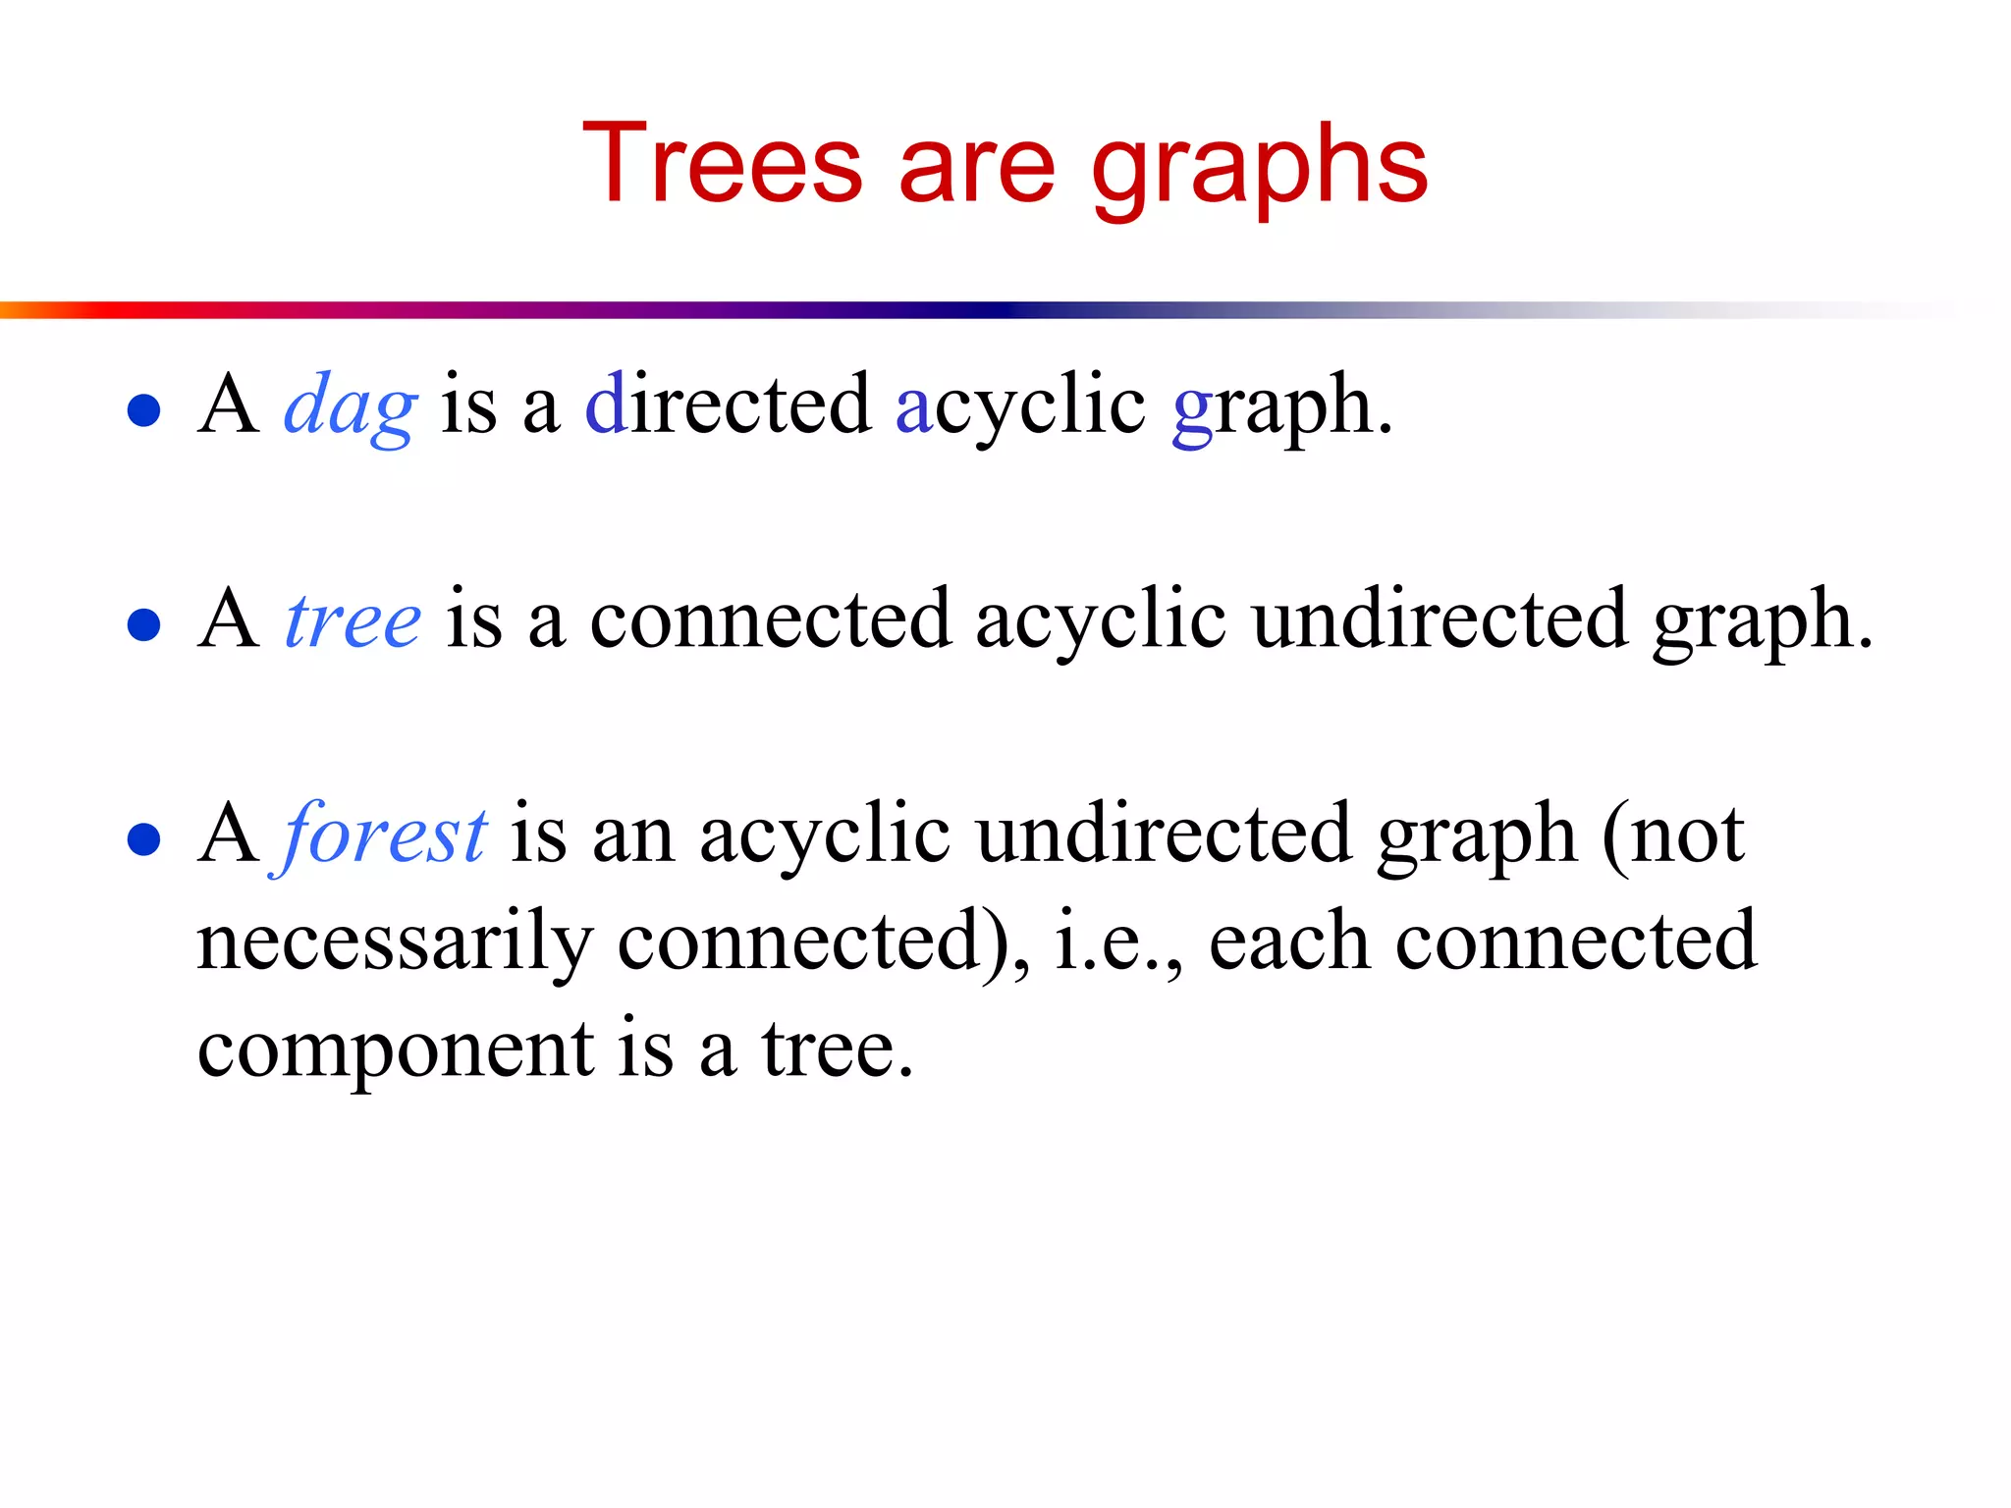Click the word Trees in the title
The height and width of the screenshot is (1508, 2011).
click(x=723, y=164)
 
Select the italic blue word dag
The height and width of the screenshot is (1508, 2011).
click(x=351, y=405)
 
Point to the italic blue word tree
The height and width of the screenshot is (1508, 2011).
click(x=353, y=620)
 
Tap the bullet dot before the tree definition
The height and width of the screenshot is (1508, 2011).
click(x=144, y=624)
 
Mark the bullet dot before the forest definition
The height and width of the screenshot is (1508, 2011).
click(x=144, y=839)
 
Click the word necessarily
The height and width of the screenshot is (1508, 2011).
click(x=395, y=943)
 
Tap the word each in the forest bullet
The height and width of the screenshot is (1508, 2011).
click(x=1288, y=942)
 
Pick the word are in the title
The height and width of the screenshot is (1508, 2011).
click(x=976, y=167)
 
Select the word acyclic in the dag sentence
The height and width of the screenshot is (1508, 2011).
click(x=1020, y=406)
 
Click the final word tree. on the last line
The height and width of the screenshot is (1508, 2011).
click(x=838, y=1050)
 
